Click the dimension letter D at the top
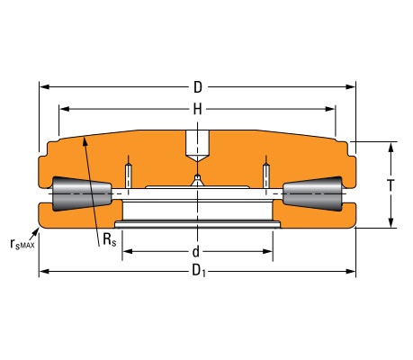[x=198, y=87]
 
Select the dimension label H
[x=197, y=110]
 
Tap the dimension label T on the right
[x=391, y=185]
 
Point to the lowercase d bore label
[x=195, y=252]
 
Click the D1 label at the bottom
[x=199, y=271]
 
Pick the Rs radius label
[x=109, y=240]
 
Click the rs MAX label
[x=22, y=244]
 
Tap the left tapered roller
[x=82, y=193]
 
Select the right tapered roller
[x=312, y=193]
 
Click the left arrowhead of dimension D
[x=44, y=87]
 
